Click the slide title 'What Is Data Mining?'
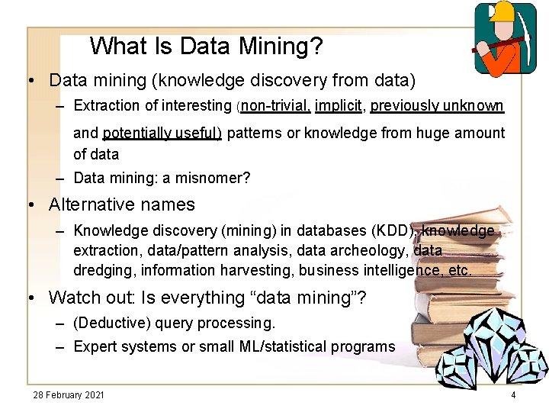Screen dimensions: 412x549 pyautogui.click(x=206, y=47)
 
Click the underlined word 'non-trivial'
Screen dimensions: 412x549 pyautogui.click(x=275, y=105)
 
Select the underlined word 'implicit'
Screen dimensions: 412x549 pyautogui.click(x=339, y=105)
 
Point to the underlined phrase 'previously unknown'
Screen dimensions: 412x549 pyautogui.click(x=437, y=105)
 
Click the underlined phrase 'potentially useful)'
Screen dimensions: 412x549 pyautogui.click(x=162, y=133)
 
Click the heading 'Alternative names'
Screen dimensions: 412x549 pyautogui.click(x=122, y=204)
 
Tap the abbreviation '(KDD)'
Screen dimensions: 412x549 pyautogui.click(x=393, y=230)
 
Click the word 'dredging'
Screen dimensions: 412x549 pyautogui.click(x=99, y=270)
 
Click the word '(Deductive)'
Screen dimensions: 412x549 pyautogui.click(x=111, y=323)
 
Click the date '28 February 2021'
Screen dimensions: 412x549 pyautogui.click(x=69, y=394)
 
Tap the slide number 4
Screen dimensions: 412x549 pyautogui.click(x=513, y=394)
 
